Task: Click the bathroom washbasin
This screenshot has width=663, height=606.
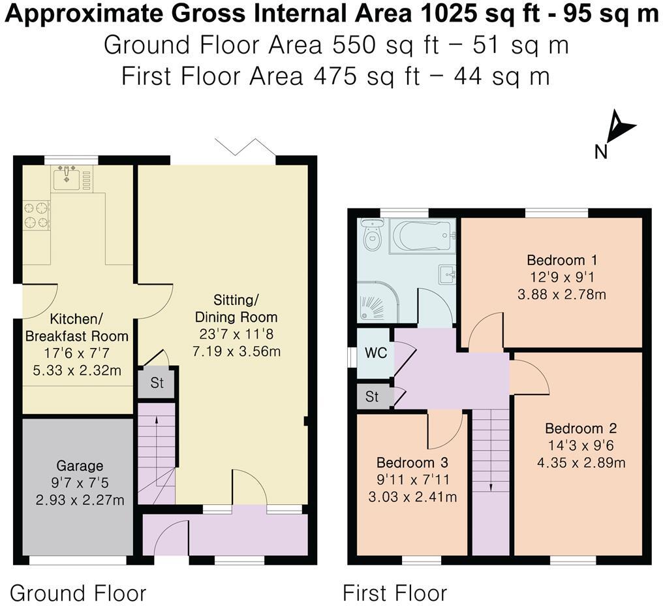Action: tap(448, 275)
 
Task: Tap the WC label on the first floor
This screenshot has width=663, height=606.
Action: tap(375, 353)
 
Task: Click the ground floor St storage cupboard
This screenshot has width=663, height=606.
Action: tap(157, 383)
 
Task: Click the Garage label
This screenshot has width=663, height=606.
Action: tap(80, 466)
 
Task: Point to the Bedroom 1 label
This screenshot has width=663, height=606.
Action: tap(562, 260)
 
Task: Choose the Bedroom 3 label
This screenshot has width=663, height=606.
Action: tap(412, 462)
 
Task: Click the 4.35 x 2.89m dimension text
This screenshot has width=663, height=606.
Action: tap(581, 462)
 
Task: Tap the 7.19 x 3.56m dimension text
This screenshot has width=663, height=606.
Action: tap(236, 351)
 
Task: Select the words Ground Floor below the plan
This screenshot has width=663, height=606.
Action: tap(78, 593)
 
